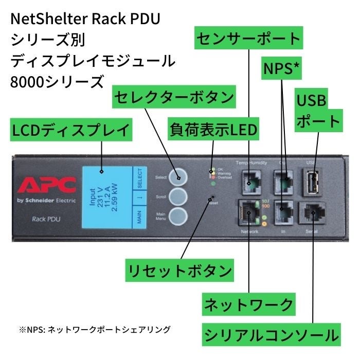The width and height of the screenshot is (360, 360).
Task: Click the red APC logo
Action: coord(47,185)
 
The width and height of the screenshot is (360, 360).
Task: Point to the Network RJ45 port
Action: coord(249,212)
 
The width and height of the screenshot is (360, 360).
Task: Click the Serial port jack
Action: coord(313,212)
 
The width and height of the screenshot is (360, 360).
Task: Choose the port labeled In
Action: coord(283,212)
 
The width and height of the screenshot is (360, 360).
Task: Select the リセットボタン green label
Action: coord(179,269)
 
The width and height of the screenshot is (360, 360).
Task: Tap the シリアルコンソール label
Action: coord(272,335)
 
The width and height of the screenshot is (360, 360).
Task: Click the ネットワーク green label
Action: coord(249,304)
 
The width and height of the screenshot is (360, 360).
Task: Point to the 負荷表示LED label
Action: coord(213,130)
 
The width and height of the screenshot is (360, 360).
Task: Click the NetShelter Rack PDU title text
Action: coord(85,20)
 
